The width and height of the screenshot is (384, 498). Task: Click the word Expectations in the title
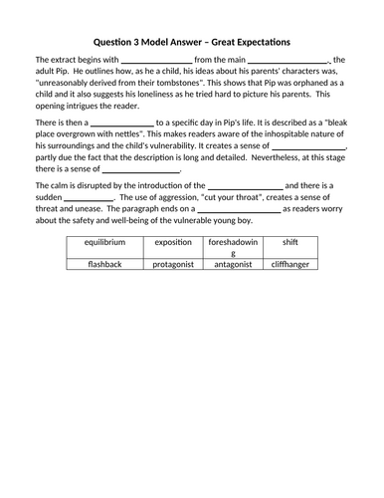click(255, 42)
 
